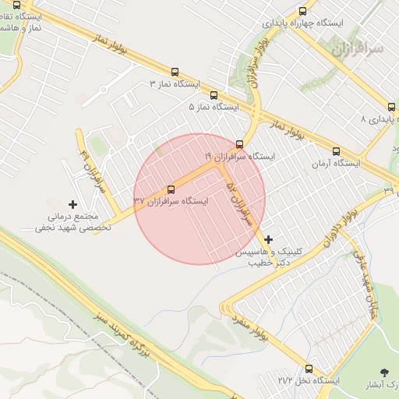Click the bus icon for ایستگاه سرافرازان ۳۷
(x=171, y=189)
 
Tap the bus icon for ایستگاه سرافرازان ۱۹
(x=239, y=144)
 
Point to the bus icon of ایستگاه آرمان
(x=336, y=152)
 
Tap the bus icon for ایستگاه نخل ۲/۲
(x=309, y=369)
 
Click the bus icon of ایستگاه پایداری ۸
(x=391, y=107)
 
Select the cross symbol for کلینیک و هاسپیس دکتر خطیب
(x=269, y=239)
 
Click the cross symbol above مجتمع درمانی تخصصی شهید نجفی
(x=73, y=204)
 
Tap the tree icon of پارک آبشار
(x=383, y=373)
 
